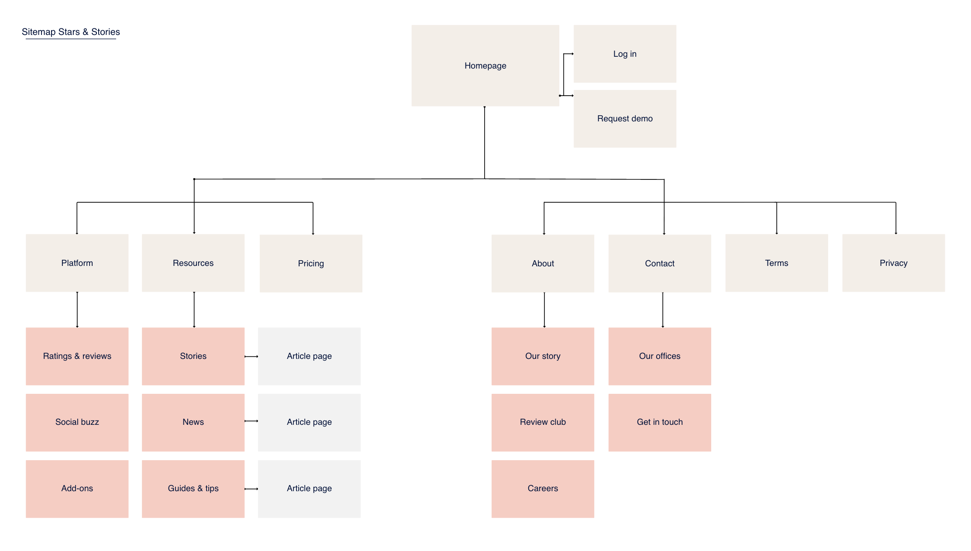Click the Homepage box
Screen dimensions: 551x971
(x=485, y=65)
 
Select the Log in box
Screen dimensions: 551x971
(x=624, y=54)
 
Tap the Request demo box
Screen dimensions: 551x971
(x=624, y=118)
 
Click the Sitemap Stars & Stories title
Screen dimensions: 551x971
(x=71, y=32)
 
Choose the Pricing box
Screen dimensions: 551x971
(x=311, y=263)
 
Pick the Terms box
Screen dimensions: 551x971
(x=776, y=263)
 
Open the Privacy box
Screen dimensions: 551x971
(x=893, y=263)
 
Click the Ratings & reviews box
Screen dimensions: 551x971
(x=77, y=356)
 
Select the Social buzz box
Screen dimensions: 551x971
(x=77, y=422)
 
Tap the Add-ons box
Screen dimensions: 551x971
(x=77, y=489)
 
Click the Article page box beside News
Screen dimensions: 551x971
(x=309, y=422)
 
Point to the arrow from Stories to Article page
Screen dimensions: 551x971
(x=251, y=357)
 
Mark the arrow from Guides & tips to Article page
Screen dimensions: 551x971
(x=251, y=489)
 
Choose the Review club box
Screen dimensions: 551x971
(x=543, y=422)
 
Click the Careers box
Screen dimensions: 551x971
(x=543, y=489)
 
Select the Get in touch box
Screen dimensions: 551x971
(x=659, y=422)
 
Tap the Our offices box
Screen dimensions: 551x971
(x=659, y=356)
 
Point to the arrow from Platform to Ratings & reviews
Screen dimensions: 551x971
(x=77, y=310)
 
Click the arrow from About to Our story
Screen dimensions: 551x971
(x=544, y=310)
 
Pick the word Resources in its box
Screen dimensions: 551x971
(x=193, y=263)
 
